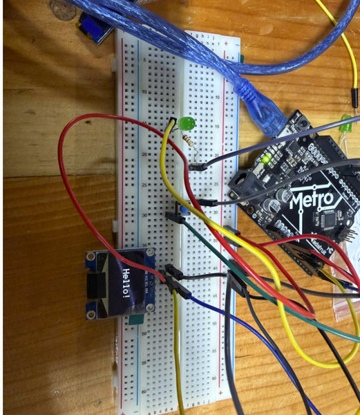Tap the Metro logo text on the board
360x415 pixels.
(314, 200)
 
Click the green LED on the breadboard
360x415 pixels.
(185, 124)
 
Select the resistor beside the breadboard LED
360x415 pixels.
(191, 144)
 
